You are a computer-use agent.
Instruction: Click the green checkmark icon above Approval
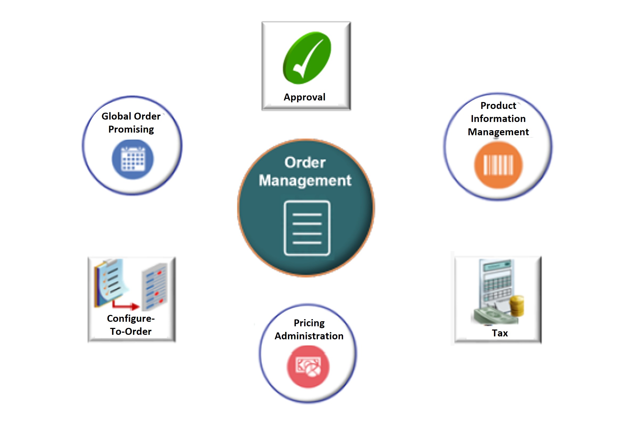coord(307,58)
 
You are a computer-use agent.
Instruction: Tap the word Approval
coord(304,97)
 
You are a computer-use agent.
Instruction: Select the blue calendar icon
coord(133,159)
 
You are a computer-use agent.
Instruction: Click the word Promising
coord(131,130)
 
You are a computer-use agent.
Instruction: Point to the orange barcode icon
coord(498,165)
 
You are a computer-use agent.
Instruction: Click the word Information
coord(498,119)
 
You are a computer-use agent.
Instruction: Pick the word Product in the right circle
coord(498,105)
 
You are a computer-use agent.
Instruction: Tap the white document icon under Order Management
coord(307,228)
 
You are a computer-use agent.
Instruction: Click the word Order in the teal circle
coord(305,163)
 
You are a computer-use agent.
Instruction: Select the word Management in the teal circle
coord(305,180)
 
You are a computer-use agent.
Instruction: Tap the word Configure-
coord(131,319)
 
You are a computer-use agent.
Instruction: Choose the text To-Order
coord(131,332)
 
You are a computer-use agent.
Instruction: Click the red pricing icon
coord(308,367)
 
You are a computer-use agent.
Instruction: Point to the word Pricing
coord(309,323)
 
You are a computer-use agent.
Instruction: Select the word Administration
coord(309,336)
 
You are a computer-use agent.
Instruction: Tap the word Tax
coord(500,333)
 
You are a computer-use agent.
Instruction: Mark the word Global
coord(116,116)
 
